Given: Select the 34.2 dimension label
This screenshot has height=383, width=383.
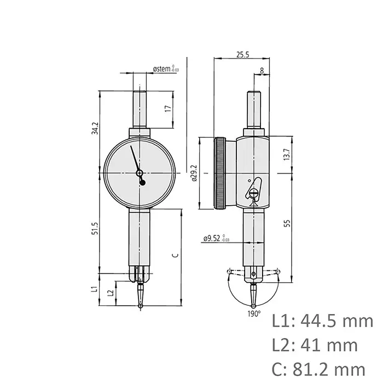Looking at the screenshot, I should click(95, 128).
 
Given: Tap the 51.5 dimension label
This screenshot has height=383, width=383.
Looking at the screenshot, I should click(95, 228).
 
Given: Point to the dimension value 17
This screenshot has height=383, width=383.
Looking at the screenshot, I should click(169, 109).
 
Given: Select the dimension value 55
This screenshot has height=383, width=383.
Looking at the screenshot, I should click(287, 223).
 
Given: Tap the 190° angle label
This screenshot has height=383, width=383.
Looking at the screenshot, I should click(253, 314).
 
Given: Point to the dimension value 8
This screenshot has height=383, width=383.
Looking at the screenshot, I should click(263, 71).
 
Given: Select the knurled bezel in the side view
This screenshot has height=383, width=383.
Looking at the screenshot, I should click(220, 173).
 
